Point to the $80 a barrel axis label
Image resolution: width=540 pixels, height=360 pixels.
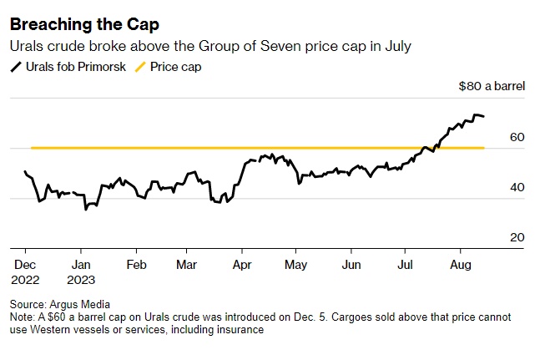click(x=492, y=86)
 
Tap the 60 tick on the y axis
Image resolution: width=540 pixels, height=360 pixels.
click(x=517, y=137)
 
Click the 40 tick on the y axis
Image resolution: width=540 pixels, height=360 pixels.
click(x=517, y=188)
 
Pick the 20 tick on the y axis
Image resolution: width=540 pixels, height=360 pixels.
click(x=517, y=238)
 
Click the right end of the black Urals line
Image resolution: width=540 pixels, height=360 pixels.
click(x=484, y=116)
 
